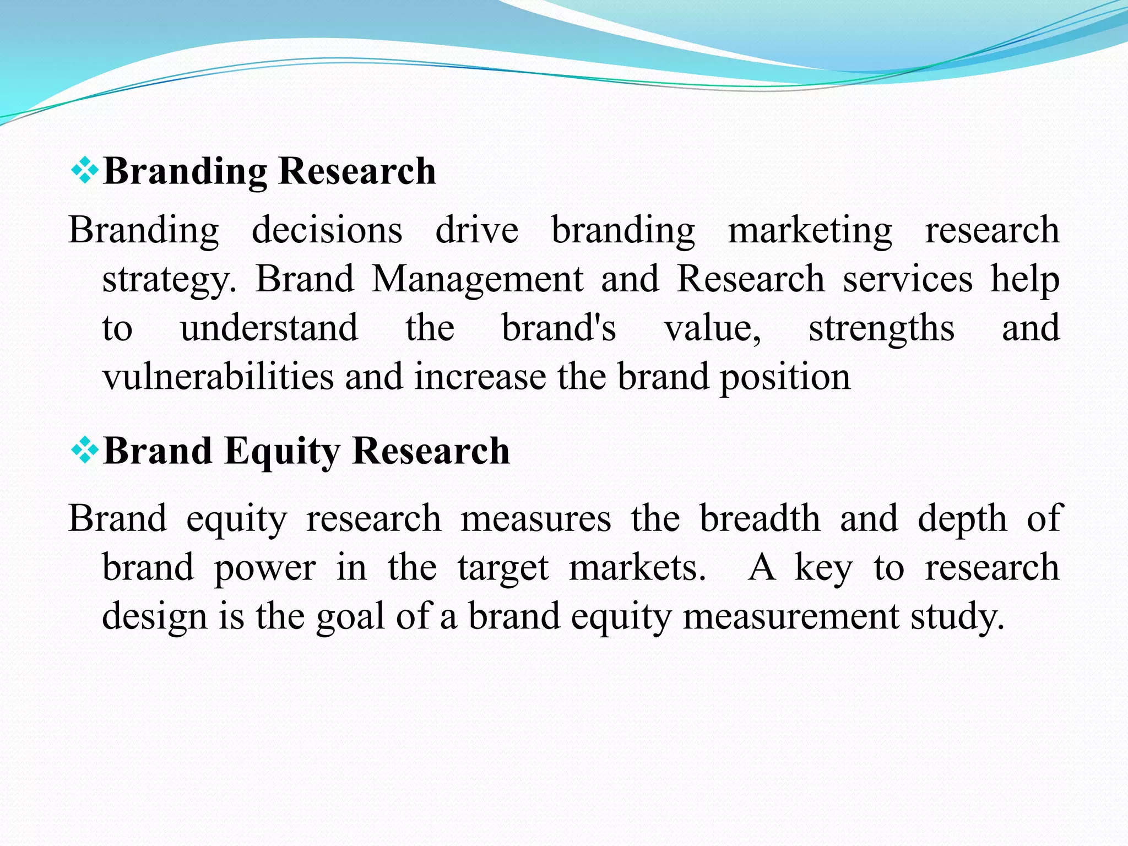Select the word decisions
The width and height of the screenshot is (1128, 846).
coord(327,230)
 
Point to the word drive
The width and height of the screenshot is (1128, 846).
coord(476,230)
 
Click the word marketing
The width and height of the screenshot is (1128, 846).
coord(810,230)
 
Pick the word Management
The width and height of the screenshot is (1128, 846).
coord(477,279)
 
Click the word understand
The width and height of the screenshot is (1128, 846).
coord(269,328)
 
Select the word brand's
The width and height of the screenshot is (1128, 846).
coord(558,328)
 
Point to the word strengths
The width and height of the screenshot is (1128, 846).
coord(881,329)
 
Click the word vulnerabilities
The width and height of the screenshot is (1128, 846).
coord(218,377)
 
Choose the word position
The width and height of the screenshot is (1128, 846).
coord(785,378)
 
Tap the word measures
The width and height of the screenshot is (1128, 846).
coord(535,519)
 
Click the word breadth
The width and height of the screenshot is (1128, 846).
coord(760,519)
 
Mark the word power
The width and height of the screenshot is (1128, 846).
coord(264,568)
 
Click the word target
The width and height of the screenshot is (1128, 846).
coord(503,568)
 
